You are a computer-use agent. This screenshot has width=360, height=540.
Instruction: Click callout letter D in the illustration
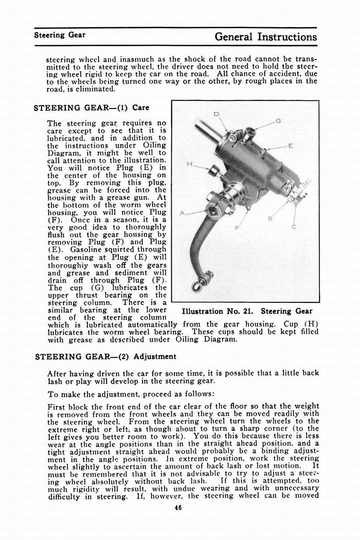(x=217, y=114)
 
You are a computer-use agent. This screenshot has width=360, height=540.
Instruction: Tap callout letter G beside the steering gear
(x=278, y=121)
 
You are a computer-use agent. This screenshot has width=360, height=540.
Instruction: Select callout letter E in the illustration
(x=290, y=146)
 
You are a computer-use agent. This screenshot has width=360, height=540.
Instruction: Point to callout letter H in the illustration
(x=189, y=164)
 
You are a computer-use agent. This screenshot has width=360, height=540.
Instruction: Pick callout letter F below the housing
(x=237, y=228)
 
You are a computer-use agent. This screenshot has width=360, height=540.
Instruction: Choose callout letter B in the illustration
(x=270, y=219)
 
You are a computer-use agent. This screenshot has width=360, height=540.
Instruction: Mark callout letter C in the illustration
(x=294, y=227)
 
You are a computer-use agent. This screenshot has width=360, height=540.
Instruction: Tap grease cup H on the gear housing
(x=214, y=171)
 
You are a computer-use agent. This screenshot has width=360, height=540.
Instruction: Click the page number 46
(x=178, y=508)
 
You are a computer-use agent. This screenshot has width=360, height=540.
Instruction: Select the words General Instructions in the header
(x=266, y=36)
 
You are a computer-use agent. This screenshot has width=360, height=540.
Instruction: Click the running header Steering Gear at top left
(x=59, y=35)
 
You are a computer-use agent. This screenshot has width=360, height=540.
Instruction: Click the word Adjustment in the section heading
(x=155, y=357)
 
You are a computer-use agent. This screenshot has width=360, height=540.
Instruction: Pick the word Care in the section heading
(x=141, y=108)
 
